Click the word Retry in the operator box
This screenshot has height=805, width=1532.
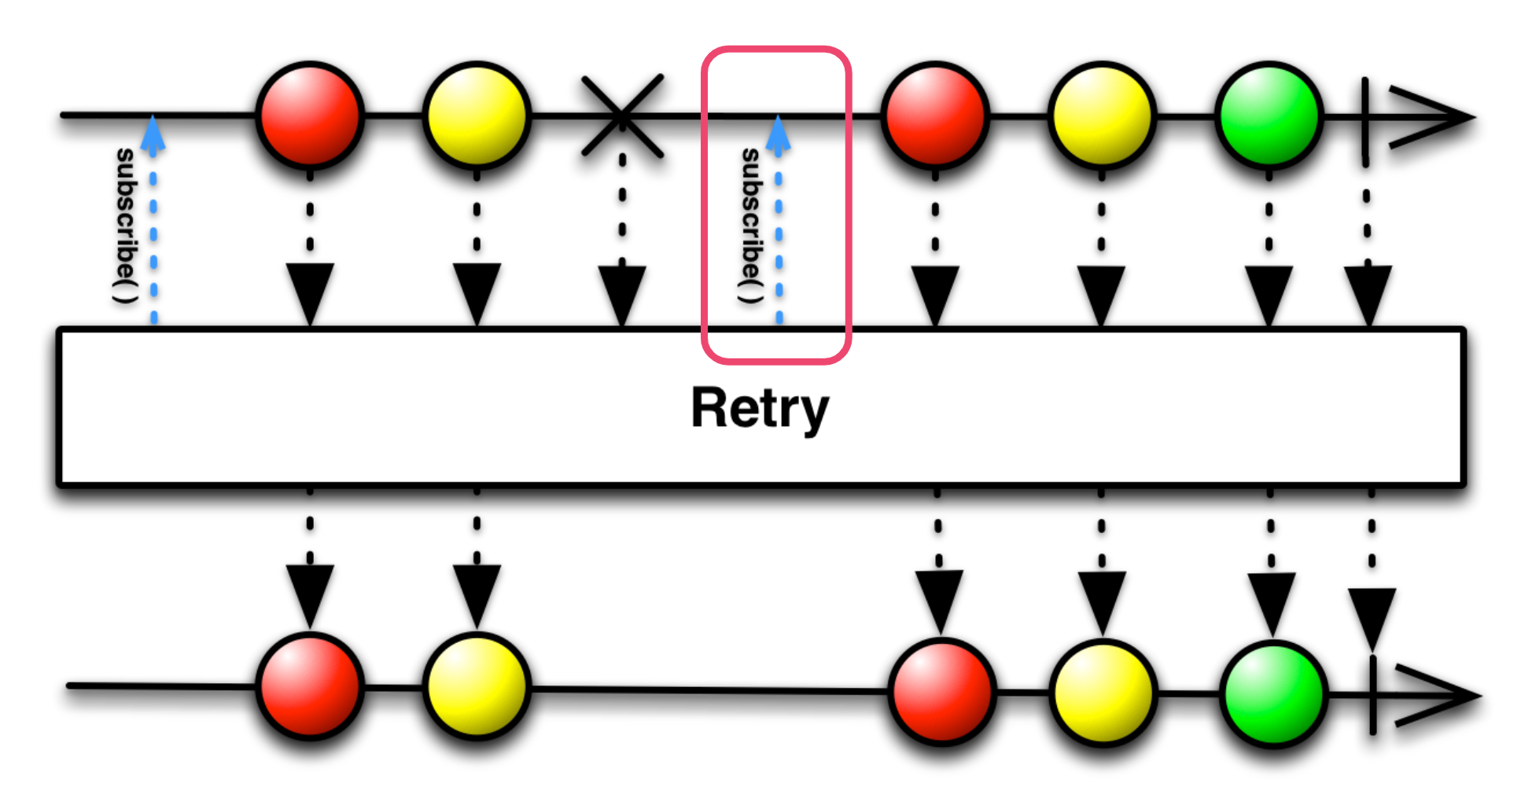click(x=760, y=409)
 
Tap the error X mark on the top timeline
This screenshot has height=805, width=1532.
click(x=622, y=116)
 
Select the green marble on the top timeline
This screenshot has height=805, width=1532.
click(x=1269, y=115)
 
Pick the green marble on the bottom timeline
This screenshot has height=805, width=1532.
click(x=1273, y=693)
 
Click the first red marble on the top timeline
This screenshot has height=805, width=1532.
click(x=310, y=115)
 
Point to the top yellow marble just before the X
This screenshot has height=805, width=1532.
click(x=477, y=115)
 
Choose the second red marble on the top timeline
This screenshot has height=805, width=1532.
click(x=935, y=115)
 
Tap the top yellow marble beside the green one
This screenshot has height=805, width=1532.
click(x=1102, y=115)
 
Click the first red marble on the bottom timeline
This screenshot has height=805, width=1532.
click(x=310, y=686)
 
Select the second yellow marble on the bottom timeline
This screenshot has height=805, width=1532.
click(x=1103, y=693)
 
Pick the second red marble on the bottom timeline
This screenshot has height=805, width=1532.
click(x=941, y=691)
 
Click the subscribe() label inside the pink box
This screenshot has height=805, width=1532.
click(x=751, y=226)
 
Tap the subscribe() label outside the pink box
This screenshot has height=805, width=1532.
click(x=125, y=226)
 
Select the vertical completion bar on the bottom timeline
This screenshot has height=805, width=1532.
click(x=1372, y=695)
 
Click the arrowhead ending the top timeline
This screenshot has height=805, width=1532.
click(x=1431, y=118)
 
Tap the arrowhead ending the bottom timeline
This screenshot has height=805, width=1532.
click(x=1438, y=696)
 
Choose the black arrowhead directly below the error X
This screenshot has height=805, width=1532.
click(x=622, y=292)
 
